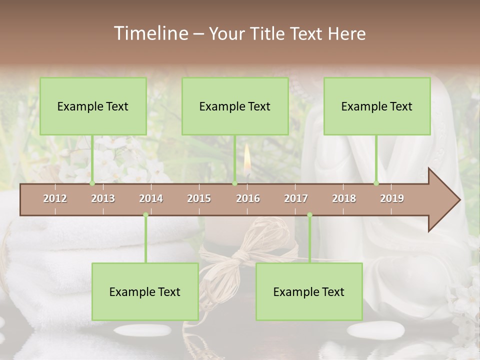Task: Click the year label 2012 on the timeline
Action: (55, 198)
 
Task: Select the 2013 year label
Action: (103, 198)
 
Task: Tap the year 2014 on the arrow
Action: (151, 198)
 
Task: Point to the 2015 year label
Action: (199, 198)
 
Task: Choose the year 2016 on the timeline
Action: (248, 198)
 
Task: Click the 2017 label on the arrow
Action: (296, 198)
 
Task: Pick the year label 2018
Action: (344, 198)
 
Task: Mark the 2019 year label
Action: (392, 198)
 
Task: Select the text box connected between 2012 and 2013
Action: (93, 106)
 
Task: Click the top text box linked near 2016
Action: (235, 106)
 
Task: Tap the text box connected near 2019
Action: (377, 106)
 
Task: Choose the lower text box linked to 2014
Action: (145, 292)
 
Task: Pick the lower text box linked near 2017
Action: (309, 292)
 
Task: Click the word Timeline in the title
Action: (150, 33)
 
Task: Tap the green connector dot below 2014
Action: (145, 215)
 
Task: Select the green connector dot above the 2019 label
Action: (376, 183)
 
